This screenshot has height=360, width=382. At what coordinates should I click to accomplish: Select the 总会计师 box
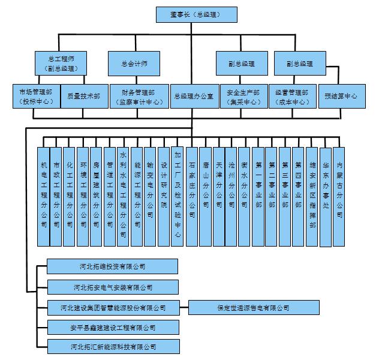click(x=134, y=63)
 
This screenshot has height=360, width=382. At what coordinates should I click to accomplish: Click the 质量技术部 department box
click(x=84, y=96)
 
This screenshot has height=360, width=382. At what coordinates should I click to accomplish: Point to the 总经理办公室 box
click(x=193, y=96)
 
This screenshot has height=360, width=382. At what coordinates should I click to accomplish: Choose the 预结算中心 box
click(x=341, y=96)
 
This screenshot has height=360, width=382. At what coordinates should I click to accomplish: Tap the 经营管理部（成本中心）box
click(x=293, y=96)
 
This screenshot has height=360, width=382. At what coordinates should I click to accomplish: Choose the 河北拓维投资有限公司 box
click(x=113, y=266)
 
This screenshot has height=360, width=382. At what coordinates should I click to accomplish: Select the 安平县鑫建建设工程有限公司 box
click(x=113, y=328)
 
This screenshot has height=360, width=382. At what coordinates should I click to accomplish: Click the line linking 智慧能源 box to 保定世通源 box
click(x=184, y=308)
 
